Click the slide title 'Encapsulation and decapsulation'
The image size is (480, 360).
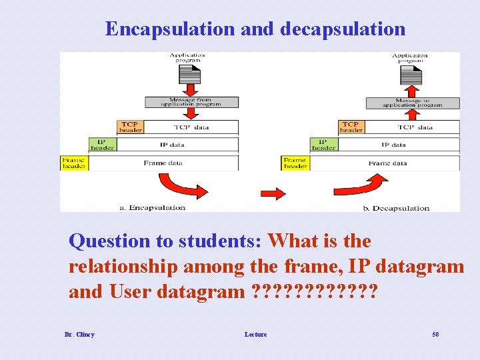pyautogui.click(x=255, y=29)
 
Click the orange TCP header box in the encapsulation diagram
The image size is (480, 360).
pyautogui.click(x=131, y=127)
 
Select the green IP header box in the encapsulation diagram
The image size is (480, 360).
pyautogui.click(x=102, y=145)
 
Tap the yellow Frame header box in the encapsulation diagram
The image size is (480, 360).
pyautogui.click(x=74, y=163)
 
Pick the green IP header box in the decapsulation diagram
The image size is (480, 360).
pyautogui.click(x=323, y=145)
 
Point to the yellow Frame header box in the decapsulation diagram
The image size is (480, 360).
pyautogui.click(x=295, y=163)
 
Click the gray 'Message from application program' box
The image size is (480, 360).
pyautogui.click(x=191, y=102)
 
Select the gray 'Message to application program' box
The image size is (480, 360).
pyautogui.click(x=413, y=102)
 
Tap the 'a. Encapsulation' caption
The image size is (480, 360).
pyautogui.click(x=152, y=207)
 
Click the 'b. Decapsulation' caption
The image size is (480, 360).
pyautogui.click(x=396, y=208)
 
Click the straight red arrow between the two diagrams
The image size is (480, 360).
pyautogui.click(x=273, y=193)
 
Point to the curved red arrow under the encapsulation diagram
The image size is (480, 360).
pyautogui.click(x=178, y=186)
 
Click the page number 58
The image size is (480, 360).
pyautogui.click(x=435, y=334)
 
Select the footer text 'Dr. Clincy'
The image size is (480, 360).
pyautogui.click(x=79, y=334)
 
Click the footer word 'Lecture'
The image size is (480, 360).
pyautogui.click(x=255, y=334)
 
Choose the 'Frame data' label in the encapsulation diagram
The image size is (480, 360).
pyautogui.click(x=164, y=163)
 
